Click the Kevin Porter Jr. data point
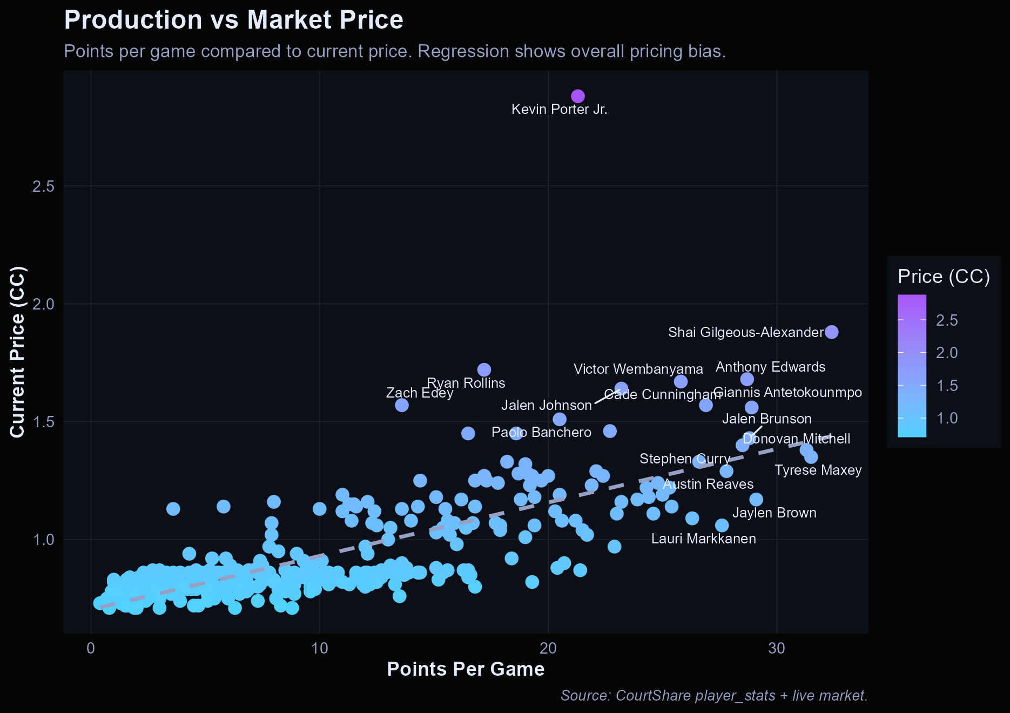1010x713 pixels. [x=578, y=96]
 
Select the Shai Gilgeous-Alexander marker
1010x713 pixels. [x=832, y=332]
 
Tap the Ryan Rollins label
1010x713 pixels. [x=466, y=383]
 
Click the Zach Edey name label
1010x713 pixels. [x=420, y=393]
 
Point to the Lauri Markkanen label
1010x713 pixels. [x=703, y=539]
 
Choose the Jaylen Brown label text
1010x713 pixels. [x=774, y=513]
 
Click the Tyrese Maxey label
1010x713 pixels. [x=818, y=470]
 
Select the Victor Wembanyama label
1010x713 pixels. [x=638, y=369]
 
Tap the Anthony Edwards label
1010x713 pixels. [x=770, y=367]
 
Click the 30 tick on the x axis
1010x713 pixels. [x=776, y=648]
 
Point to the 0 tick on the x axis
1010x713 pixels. [x=91, y=648]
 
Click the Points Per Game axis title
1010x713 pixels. [x=466, y=669]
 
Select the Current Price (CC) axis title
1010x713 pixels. [x=17, y=351]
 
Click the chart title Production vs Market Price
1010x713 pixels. [x=233, y=20]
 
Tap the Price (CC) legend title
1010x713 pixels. [x=943, y=277]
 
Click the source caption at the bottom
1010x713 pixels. [x=713, y=695]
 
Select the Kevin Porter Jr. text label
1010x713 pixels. [x=559, y=109]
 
